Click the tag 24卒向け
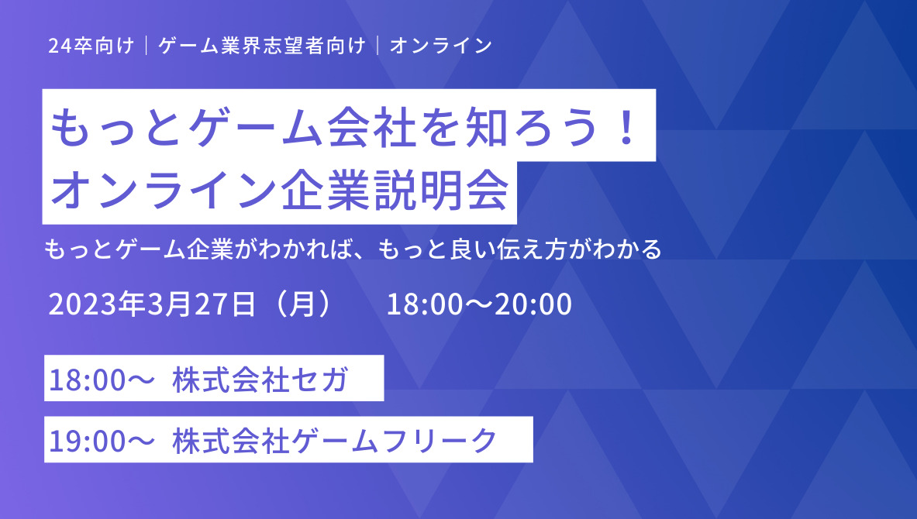point(91,46)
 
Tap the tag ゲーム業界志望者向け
point(262,46)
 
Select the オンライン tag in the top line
point(441,46)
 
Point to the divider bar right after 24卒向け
point(147,46)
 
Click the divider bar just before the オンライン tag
point(377,46)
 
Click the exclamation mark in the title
point(628,127)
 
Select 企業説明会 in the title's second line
point(395,191)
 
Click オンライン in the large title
point(164,191)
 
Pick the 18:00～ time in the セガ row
point(102,380)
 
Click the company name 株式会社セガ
point(260,380)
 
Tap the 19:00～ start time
point(102,441)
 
